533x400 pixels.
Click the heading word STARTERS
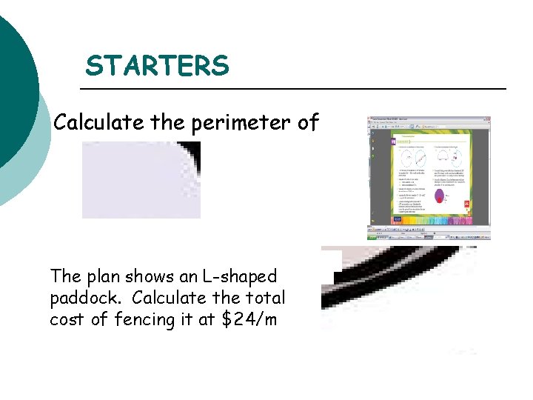pyautogui.click(x=157, y=66)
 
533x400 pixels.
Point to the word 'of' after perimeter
pyautogui.click(x=307, y=122)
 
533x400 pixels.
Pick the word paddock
pyautogui.click(x=81, y=299)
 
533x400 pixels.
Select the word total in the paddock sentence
pyautogui.click(x=264, y=299)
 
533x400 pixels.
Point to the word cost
pyautogui.click(x=66, y=320)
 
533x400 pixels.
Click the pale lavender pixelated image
pyautogui.click(x=137, y=181)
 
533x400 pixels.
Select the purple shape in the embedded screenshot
pyautogui.click(x=440, y=197)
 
